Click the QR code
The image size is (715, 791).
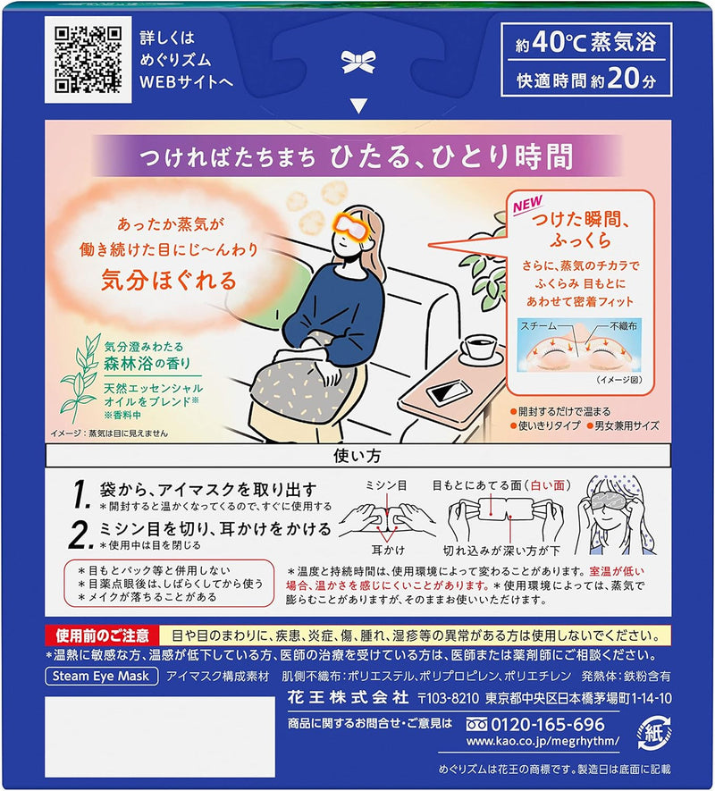pos(88,60)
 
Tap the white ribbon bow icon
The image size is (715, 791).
pos(358,62)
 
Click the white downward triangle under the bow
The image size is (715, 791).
pos(358,105)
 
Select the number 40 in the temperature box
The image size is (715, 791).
pos(547,42)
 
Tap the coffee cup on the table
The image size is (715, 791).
pos(480,348)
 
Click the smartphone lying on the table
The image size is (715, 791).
pos(449,391)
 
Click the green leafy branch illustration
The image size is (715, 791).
pos(80,375)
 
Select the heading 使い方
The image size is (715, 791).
pos(357,456)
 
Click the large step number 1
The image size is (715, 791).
pos(81,494)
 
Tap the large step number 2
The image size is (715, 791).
pos(80,534)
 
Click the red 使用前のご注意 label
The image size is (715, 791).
pos(103,635)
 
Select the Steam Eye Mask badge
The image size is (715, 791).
pos(101,676)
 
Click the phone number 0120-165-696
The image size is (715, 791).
pos(548,724)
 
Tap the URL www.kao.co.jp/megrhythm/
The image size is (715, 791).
pos(543,741)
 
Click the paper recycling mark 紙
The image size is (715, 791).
pos(654,734)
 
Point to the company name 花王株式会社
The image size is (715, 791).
pos(348,698)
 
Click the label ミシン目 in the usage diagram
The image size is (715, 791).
pos(386,485)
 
